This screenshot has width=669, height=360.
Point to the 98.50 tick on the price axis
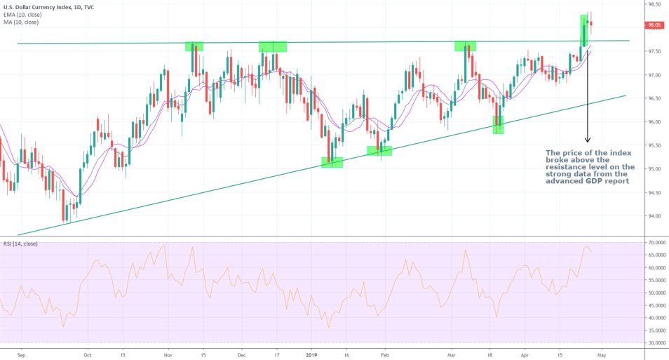tap(655, 4)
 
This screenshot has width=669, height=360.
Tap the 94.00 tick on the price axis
tap(655, 216)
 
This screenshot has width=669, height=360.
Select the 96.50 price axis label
tap(655, 98)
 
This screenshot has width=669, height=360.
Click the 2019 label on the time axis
tap(313, 355)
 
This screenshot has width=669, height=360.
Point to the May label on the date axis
tap(602, 355)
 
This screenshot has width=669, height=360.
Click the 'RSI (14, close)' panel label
tap(21, 244)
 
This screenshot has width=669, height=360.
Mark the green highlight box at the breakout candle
tap(583, 30)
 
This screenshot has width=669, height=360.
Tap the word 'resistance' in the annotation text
tap(570, 166)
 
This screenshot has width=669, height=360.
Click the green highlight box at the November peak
tap(194, 46)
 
